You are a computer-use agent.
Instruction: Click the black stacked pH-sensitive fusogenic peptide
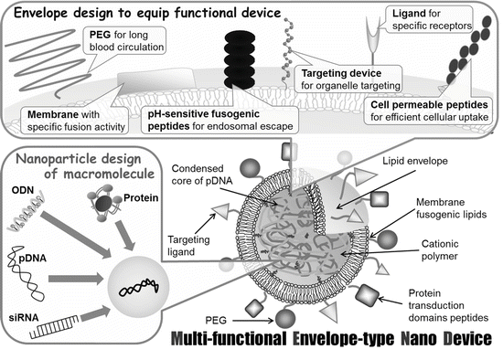[240, 60]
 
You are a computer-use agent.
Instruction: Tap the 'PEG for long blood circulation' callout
[124, 41]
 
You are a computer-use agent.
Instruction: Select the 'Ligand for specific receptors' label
[429, 19]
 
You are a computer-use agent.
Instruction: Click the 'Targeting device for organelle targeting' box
[348, 79]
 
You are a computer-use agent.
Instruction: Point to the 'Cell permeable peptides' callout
[429, 111]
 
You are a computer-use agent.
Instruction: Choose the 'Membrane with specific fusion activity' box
[74, 121]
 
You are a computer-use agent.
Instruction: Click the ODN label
[23, 190]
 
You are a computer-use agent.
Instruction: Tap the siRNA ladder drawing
[55, 327]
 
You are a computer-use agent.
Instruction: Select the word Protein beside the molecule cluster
[141, 197]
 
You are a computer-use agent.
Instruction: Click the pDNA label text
[32, 258]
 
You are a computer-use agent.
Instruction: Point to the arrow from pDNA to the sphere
[75, 279]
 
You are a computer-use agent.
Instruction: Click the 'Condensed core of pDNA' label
[202, 175]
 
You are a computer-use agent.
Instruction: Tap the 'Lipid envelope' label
[415, 161]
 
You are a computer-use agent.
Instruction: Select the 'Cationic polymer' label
[440, 250]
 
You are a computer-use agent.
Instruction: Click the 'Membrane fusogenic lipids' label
[452, 208]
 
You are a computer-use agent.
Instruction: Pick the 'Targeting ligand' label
[188, 246]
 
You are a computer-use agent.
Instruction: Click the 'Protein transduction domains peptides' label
[448, 305]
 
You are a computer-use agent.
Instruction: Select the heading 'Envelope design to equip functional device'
[147, 13]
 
